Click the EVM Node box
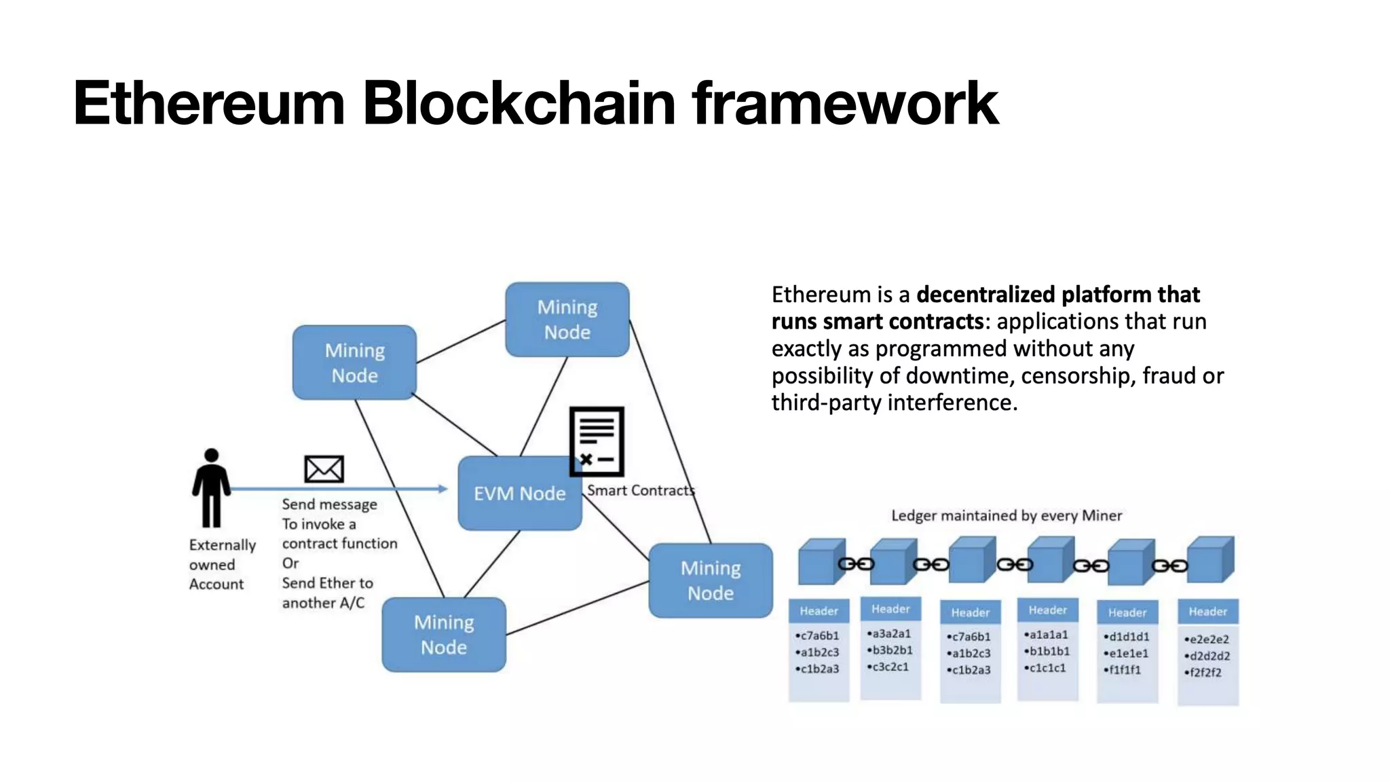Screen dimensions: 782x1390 (519, 494)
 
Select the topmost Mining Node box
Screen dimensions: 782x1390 (567, 320)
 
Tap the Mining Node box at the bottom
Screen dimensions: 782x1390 (444, 635)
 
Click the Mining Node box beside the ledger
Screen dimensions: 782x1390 (711, 580)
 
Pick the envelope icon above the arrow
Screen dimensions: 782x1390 (324, 469)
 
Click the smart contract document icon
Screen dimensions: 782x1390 (597, 441)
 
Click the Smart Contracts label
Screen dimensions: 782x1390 (641, 490)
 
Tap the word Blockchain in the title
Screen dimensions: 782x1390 (519, 103)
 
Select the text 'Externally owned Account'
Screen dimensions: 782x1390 (221, 564)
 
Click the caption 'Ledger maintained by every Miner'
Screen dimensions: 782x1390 (1006, 515)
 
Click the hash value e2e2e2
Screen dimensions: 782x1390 (1209, 639)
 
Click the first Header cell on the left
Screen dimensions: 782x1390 (819, 611)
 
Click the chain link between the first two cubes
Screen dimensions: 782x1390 (856, 564)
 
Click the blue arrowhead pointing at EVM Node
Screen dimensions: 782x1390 (443, 489)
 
